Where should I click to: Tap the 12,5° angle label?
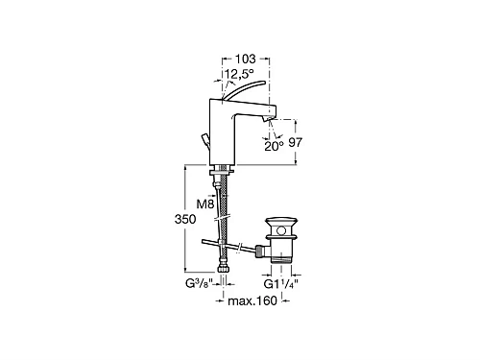[239, 73]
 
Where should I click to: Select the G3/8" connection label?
[199, 284]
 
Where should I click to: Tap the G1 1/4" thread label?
[281, 284]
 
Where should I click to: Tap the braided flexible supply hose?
[223, 211]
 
